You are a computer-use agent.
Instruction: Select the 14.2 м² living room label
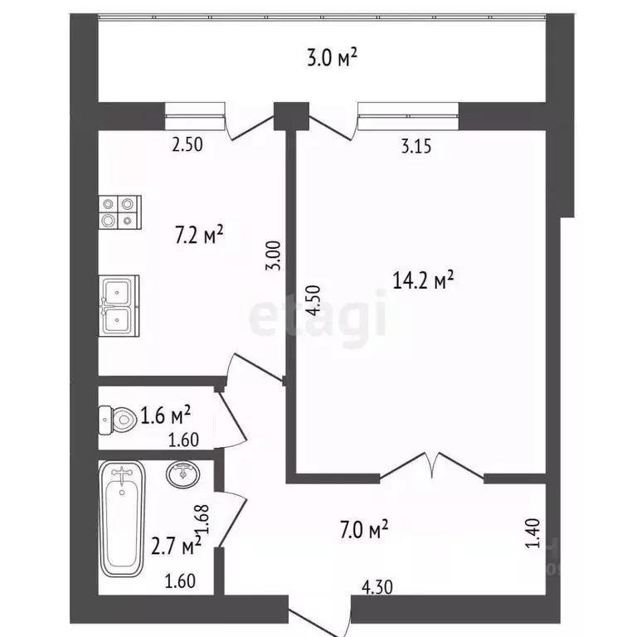coord(423,281)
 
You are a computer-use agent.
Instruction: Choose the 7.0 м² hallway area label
coord(363,528)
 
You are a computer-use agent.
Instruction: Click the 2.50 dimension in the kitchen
coord(187,145)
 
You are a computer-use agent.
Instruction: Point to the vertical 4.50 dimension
coord(311,299)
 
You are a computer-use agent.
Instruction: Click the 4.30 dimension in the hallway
coord(377,587)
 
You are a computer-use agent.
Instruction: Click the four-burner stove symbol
coord(120,212)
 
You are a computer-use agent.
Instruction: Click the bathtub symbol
coord(123,520)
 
